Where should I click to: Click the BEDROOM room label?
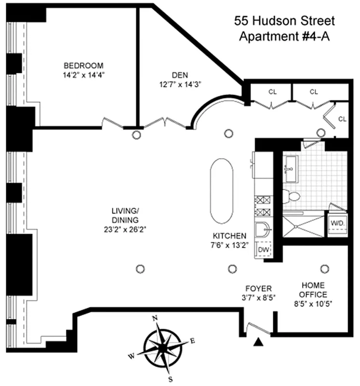pos(84,66)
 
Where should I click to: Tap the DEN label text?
pos(179,75)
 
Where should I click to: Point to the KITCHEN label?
pos(230,236)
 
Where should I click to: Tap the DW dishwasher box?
pos(263,249)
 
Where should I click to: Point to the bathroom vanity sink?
pos(291,169)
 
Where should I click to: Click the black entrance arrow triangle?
pos(259,342)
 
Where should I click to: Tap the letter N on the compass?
pos(155,318)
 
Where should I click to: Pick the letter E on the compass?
pos(192,341)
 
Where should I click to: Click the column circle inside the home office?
pos(325,268)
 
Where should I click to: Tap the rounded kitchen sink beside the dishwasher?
pos(263,231)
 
